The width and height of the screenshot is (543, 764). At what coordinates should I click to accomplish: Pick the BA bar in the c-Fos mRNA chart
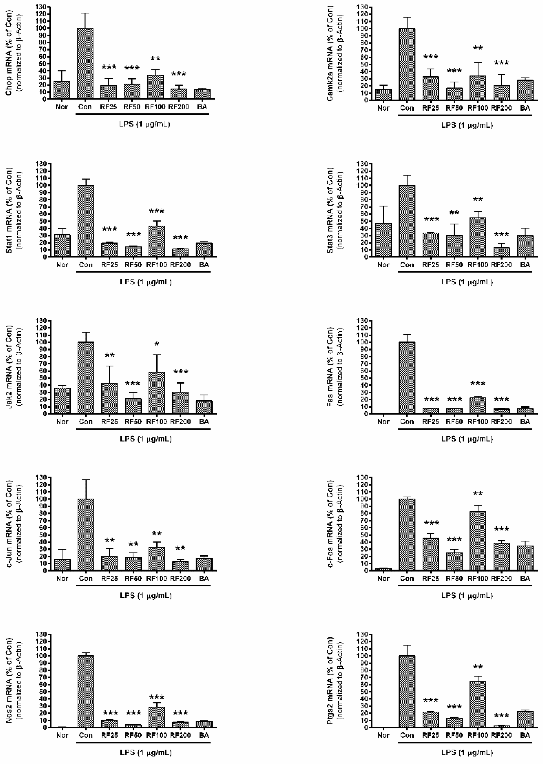click(x=525, y=558)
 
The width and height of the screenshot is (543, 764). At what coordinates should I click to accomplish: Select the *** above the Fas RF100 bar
click(x=478, y=383)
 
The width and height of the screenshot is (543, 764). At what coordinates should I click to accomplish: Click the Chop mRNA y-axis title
click(x=9, y=53)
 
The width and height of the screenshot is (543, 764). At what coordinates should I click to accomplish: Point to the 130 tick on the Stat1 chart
click(x=43, y=164)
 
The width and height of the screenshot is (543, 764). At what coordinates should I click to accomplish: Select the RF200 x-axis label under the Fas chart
click(x=501, y=422)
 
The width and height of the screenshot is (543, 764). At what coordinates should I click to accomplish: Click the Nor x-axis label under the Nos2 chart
click(x=62, y=735)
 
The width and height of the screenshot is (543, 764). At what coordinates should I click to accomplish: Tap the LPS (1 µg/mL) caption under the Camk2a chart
click(x=467, y=125)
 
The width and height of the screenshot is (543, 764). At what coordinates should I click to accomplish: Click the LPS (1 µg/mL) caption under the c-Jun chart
click(x=146, y=596)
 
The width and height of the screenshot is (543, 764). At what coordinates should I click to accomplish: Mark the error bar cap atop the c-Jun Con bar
click(x=86, y=480)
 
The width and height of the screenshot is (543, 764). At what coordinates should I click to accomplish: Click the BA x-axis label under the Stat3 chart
click(x=525, y=265)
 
